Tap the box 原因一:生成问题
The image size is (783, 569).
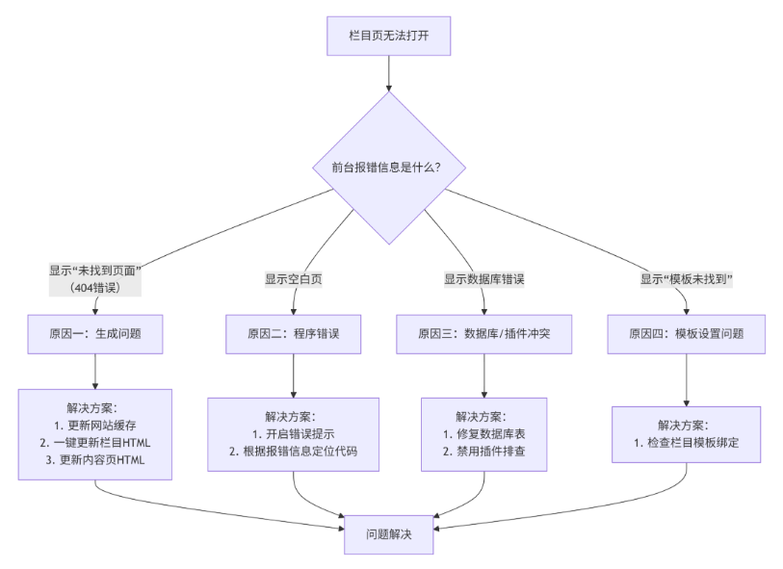(94, 334)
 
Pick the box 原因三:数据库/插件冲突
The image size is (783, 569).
(483, 334)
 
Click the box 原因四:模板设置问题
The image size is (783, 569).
(687, 334)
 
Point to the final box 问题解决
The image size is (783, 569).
(389, 534)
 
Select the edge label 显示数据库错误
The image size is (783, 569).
(483, 279)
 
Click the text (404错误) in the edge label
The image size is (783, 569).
(94, 287)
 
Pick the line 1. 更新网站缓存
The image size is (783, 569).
(94, 426)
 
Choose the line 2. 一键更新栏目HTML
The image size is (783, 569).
(94, 443)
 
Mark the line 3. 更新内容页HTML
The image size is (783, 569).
(94, 460)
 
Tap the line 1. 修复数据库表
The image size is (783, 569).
(483, 434)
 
